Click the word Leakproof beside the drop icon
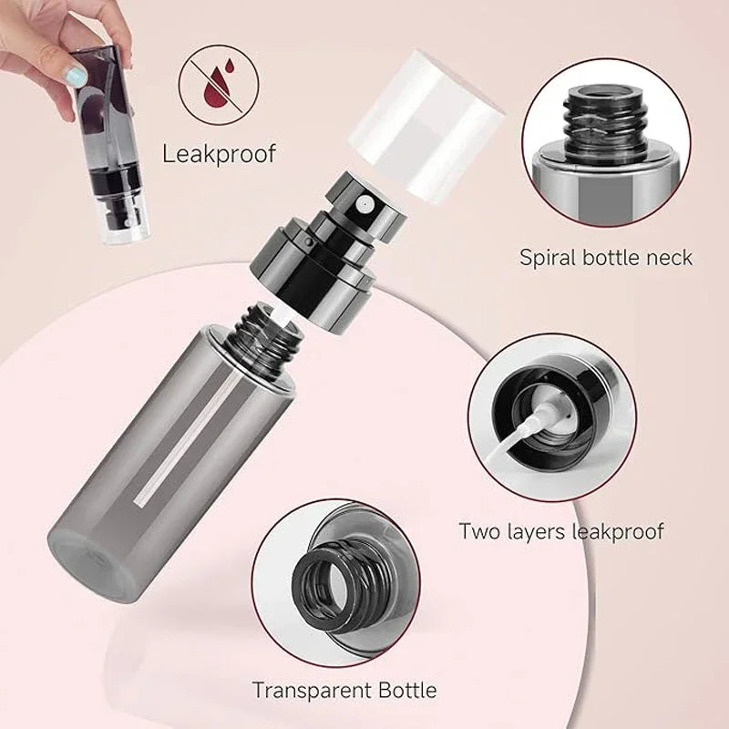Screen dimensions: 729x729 pyautogui.click(x=218, y=152)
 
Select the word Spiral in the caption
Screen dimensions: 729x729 pyautogui.click(x=550, y=257)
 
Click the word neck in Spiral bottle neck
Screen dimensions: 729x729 pyautogui.click(x=669, y=257)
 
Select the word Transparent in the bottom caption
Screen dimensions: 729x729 pyautogui.click(x=307, y=690)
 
